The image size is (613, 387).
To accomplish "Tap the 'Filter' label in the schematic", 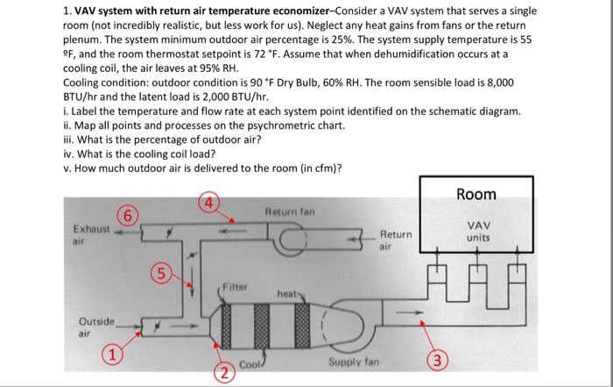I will pyautogui.click(x=235, y=286).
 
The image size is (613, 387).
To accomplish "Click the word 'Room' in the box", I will pyautogui.click(x=476, y=194).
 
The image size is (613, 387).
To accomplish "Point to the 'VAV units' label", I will pyautogui.click(x=477, y=231).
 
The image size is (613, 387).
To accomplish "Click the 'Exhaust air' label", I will pyautogui.click(x=88, y=233).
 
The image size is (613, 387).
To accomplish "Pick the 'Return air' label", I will pyautogui.click(x=396, y=240).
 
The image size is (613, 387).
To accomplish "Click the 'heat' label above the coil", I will pyautogui.click(x=288, y=293).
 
